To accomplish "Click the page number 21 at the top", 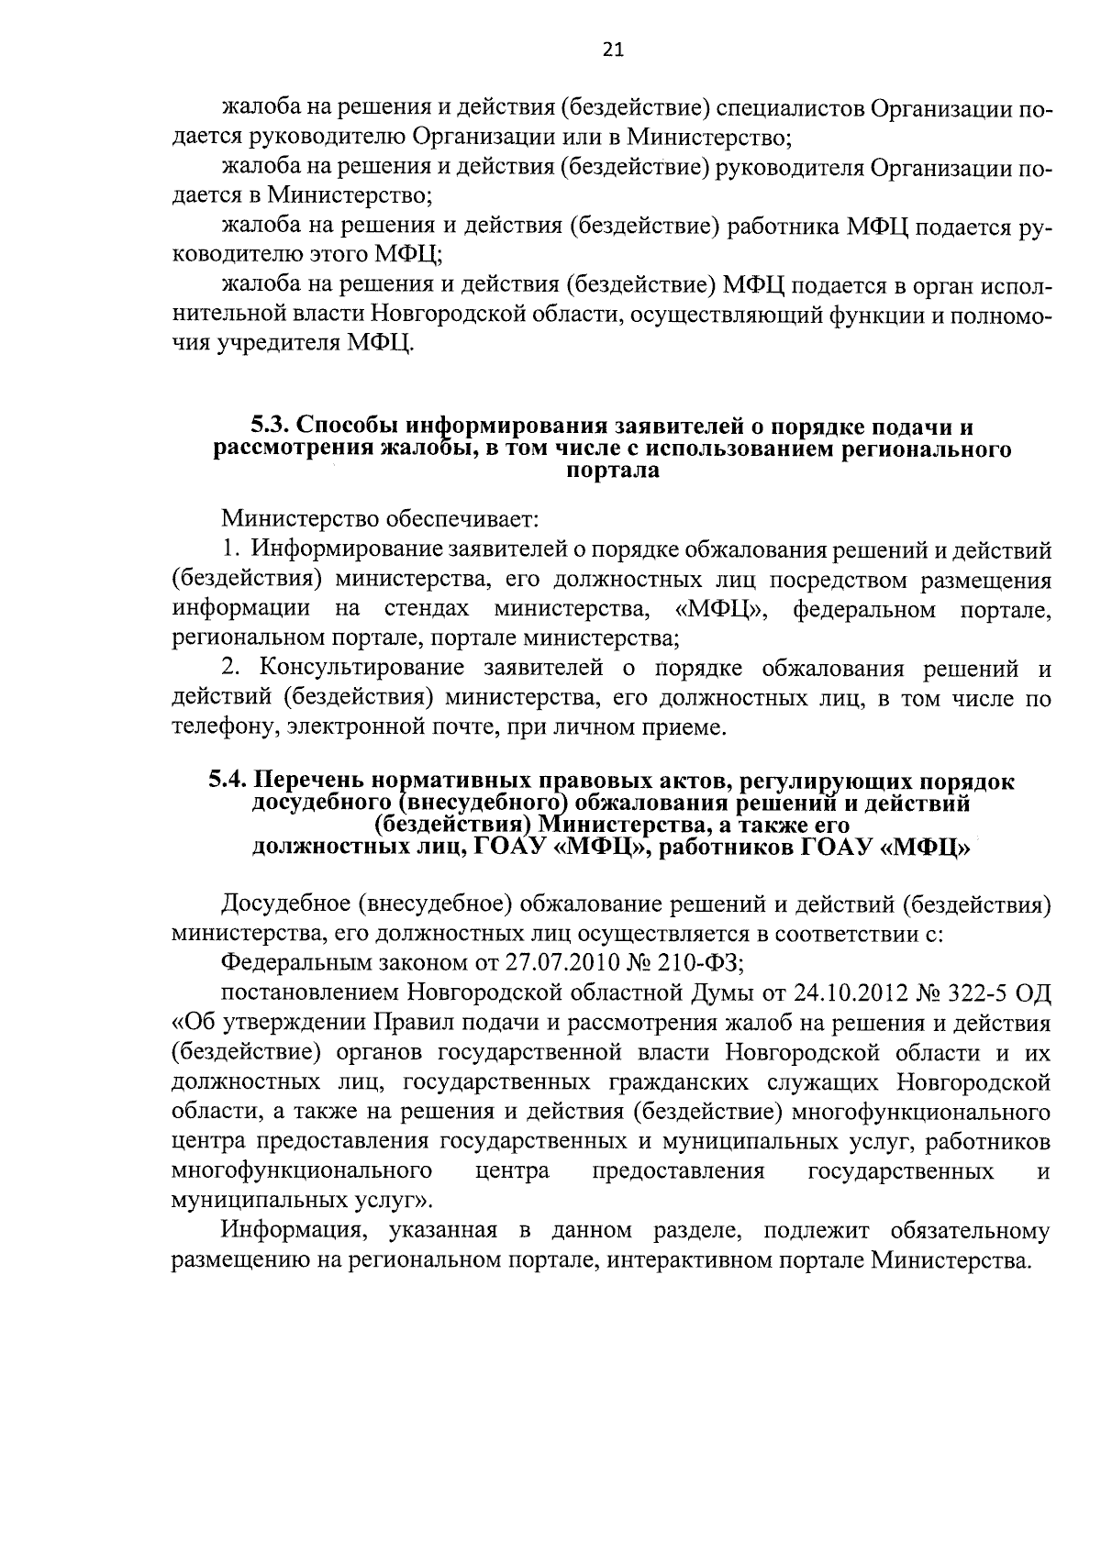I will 613,51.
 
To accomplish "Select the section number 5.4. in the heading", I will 227,782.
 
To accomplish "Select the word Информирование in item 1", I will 350,550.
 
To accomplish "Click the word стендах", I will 427,609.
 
